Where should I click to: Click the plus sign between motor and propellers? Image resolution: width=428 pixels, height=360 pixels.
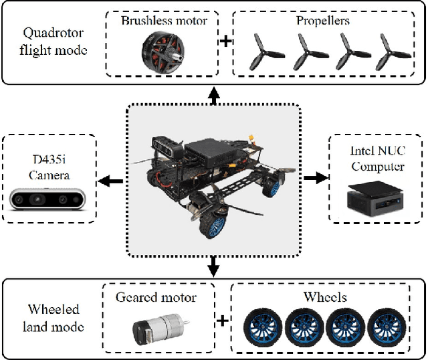coord(226,41)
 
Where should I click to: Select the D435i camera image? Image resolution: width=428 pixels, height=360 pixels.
coord(49,199)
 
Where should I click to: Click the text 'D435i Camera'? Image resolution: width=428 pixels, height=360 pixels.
coord(49,169)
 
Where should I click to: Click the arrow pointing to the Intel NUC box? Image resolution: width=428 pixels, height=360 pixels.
coord(316,179)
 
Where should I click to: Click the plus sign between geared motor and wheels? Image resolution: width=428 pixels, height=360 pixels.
coord(222,321)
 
